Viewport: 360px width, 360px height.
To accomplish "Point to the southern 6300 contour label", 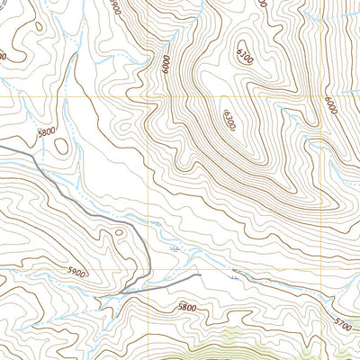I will [225, 119].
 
